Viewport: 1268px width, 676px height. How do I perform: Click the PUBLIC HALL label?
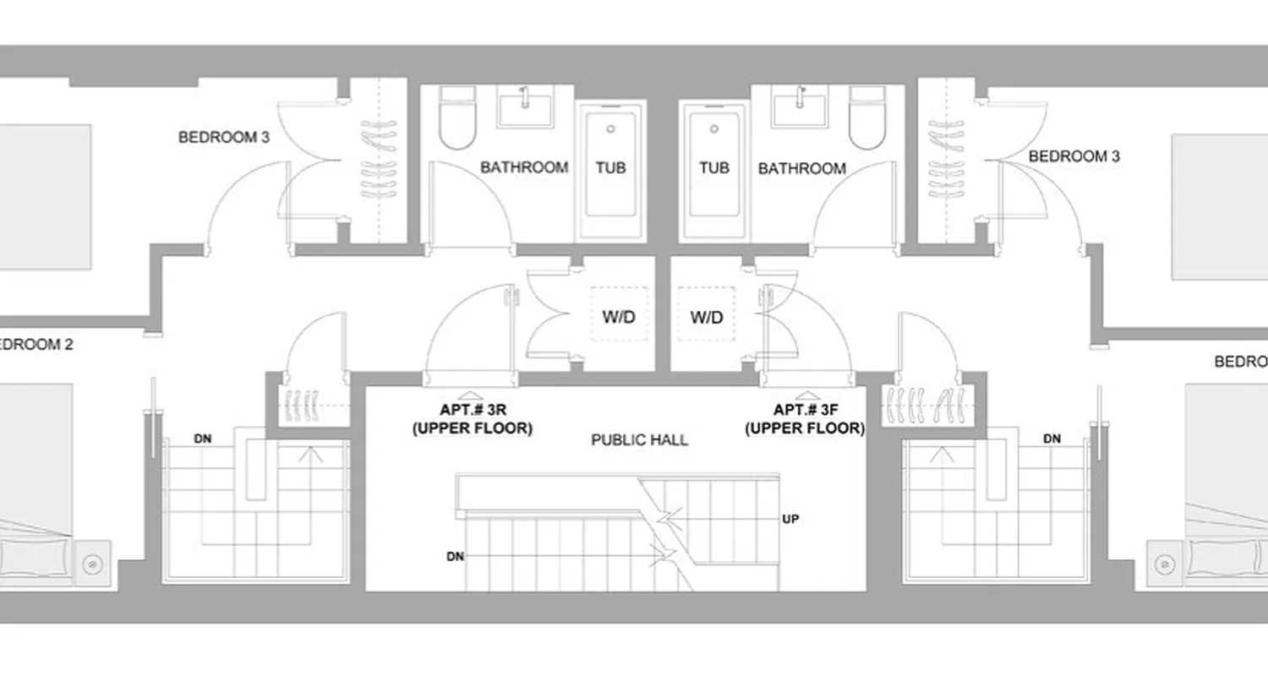click(x=639, y=439)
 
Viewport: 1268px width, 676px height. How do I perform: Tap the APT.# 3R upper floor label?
click(x=472, y=419)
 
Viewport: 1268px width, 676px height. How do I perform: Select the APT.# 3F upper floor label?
click(x=805, y=419)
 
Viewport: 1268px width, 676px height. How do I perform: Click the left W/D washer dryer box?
click(x=619, y=314)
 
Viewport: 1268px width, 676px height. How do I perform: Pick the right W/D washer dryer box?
click(x=707, y=316)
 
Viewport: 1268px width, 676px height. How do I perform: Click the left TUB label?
click(x=610, y=167)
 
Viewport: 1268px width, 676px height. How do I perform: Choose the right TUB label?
click(x=713, y=167)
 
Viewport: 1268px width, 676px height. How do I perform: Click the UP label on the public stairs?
click(x=790, y=517)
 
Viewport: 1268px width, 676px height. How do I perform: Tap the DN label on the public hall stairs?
click(x=456, y=557)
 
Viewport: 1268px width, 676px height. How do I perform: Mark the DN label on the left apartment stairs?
click(x=203, y=439)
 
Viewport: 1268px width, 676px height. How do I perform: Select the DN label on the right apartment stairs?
click(x=1052, y=439)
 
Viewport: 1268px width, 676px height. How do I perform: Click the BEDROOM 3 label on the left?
click(x=224, y=137)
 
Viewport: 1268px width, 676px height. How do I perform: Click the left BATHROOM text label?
click(x=524, y=167)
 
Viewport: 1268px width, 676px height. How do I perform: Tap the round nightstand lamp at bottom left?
click(x=90, y=560)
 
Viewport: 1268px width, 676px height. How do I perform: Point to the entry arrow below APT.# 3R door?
click(x=472, y=395)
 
